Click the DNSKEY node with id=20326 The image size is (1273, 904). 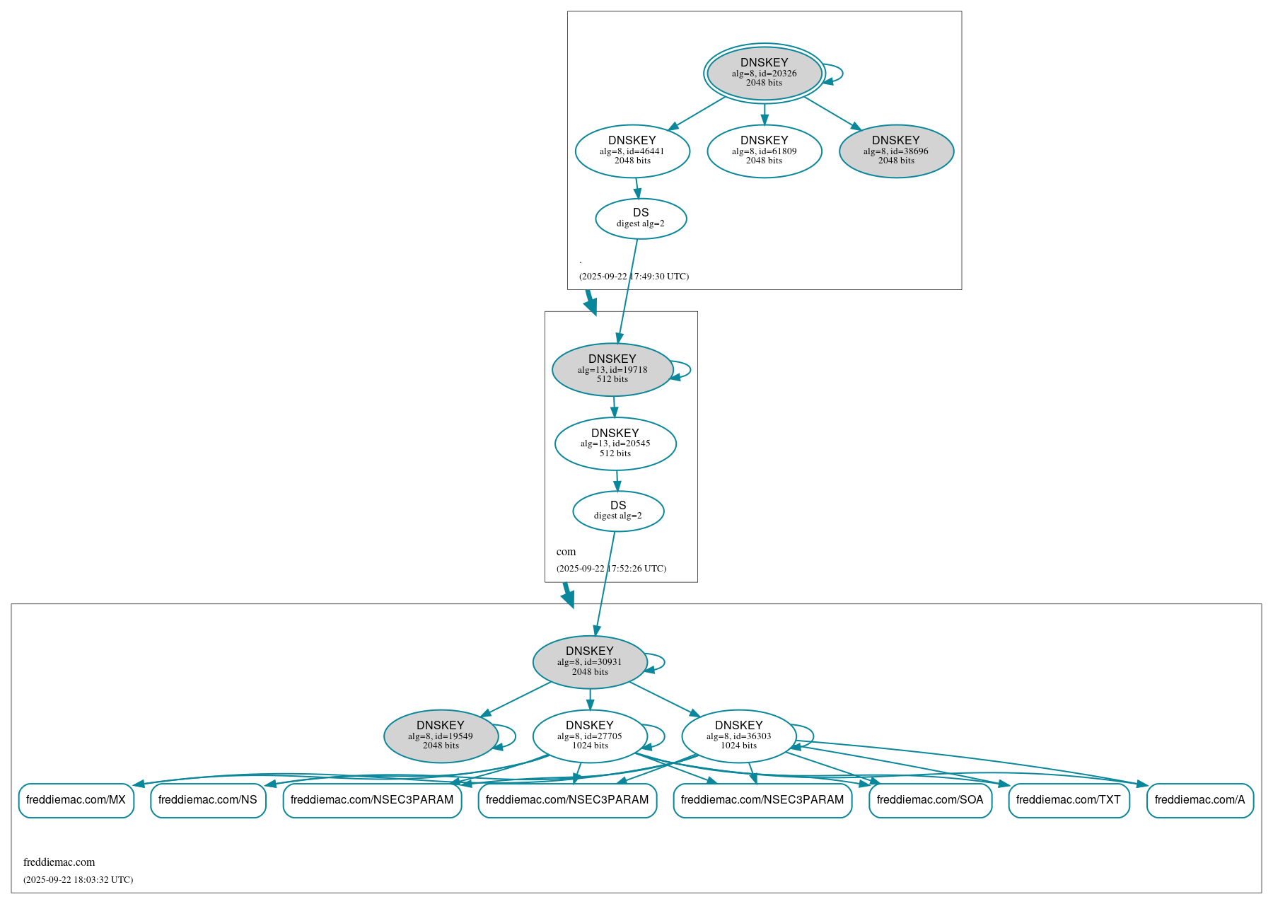(x=764, y=73)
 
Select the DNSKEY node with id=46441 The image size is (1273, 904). (x=632, y=151)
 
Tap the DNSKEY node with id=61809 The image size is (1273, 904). (x=764, y=151)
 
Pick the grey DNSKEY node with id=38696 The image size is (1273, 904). (x=896, y=151)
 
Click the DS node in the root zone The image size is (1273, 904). (x=641, y=218)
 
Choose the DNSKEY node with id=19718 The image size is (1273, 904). (x=612, y=369)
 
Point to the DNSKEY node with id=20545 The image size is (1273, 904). (x=615, y=444)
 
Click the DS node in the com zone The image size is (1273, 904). (x=618, y=511)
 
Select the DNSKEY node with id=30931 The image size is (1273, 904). (x=590, y=662)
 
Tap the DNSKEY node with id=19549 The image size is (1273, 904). (x=441, y=736)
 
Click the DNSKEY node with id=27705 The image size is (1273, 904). (x=590, y=736)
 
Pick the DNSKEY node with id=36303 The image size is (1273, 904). (x=739, y=736)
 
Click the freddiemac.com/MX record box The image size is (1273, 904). (x=76, y=800)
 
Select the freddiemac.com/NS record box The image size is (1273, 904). (x=208, y=800)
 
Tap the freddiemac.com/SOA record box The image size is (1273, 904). (x=930, y=800)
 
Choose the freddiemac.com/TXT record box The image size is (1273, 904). (x=1069, y=800)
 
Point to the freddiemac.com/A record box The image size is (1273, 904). (x=1199, y=800)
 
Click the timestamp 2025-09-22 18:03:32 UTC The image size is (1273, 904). (x=78, y=880)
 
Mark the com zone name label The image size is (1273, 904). (x=566, y=552)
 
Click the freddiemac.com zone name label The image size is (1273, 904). (x=59, y=862)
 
